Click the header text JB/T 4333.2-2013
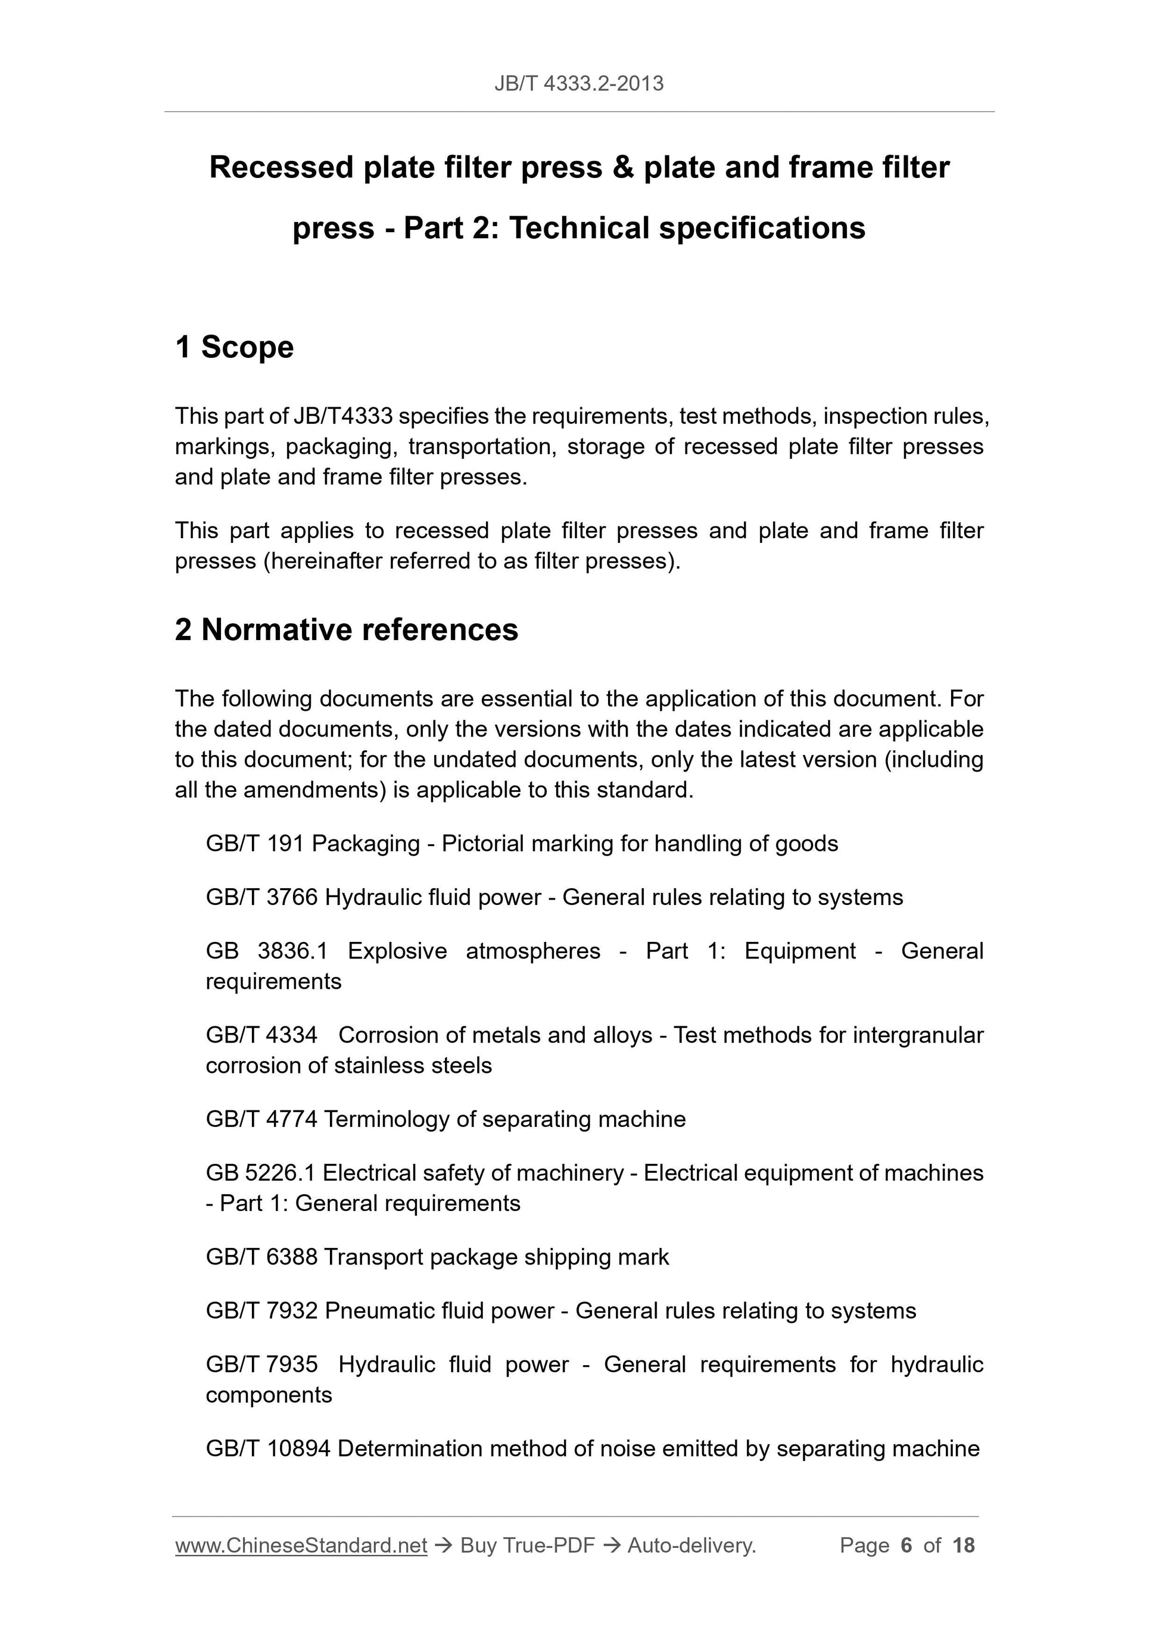578,83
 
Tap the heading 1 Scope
234,347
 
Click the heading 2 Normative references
347,630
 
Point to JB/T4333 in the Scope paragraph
343,416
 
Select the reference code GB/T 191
255,843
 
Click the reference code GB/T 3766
261,897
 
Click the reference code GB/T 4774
261,1119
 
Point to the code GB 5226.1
260,1172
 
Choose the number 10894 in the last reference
298,1448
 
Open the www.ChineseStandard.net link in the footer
301,1546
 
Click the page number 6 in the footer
906,1546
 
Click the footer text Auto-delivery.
691,1546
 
